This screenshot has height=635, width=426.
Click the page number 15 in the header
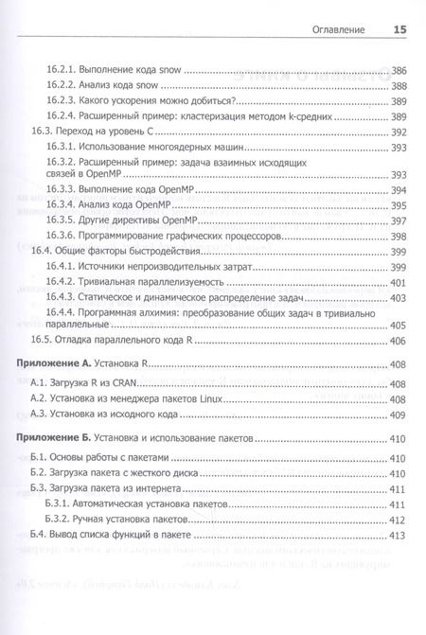pyautogui.click(x=399, y=30)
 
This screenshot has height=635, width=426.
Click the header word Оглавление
pyautogui.click(x=338, y=30)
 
